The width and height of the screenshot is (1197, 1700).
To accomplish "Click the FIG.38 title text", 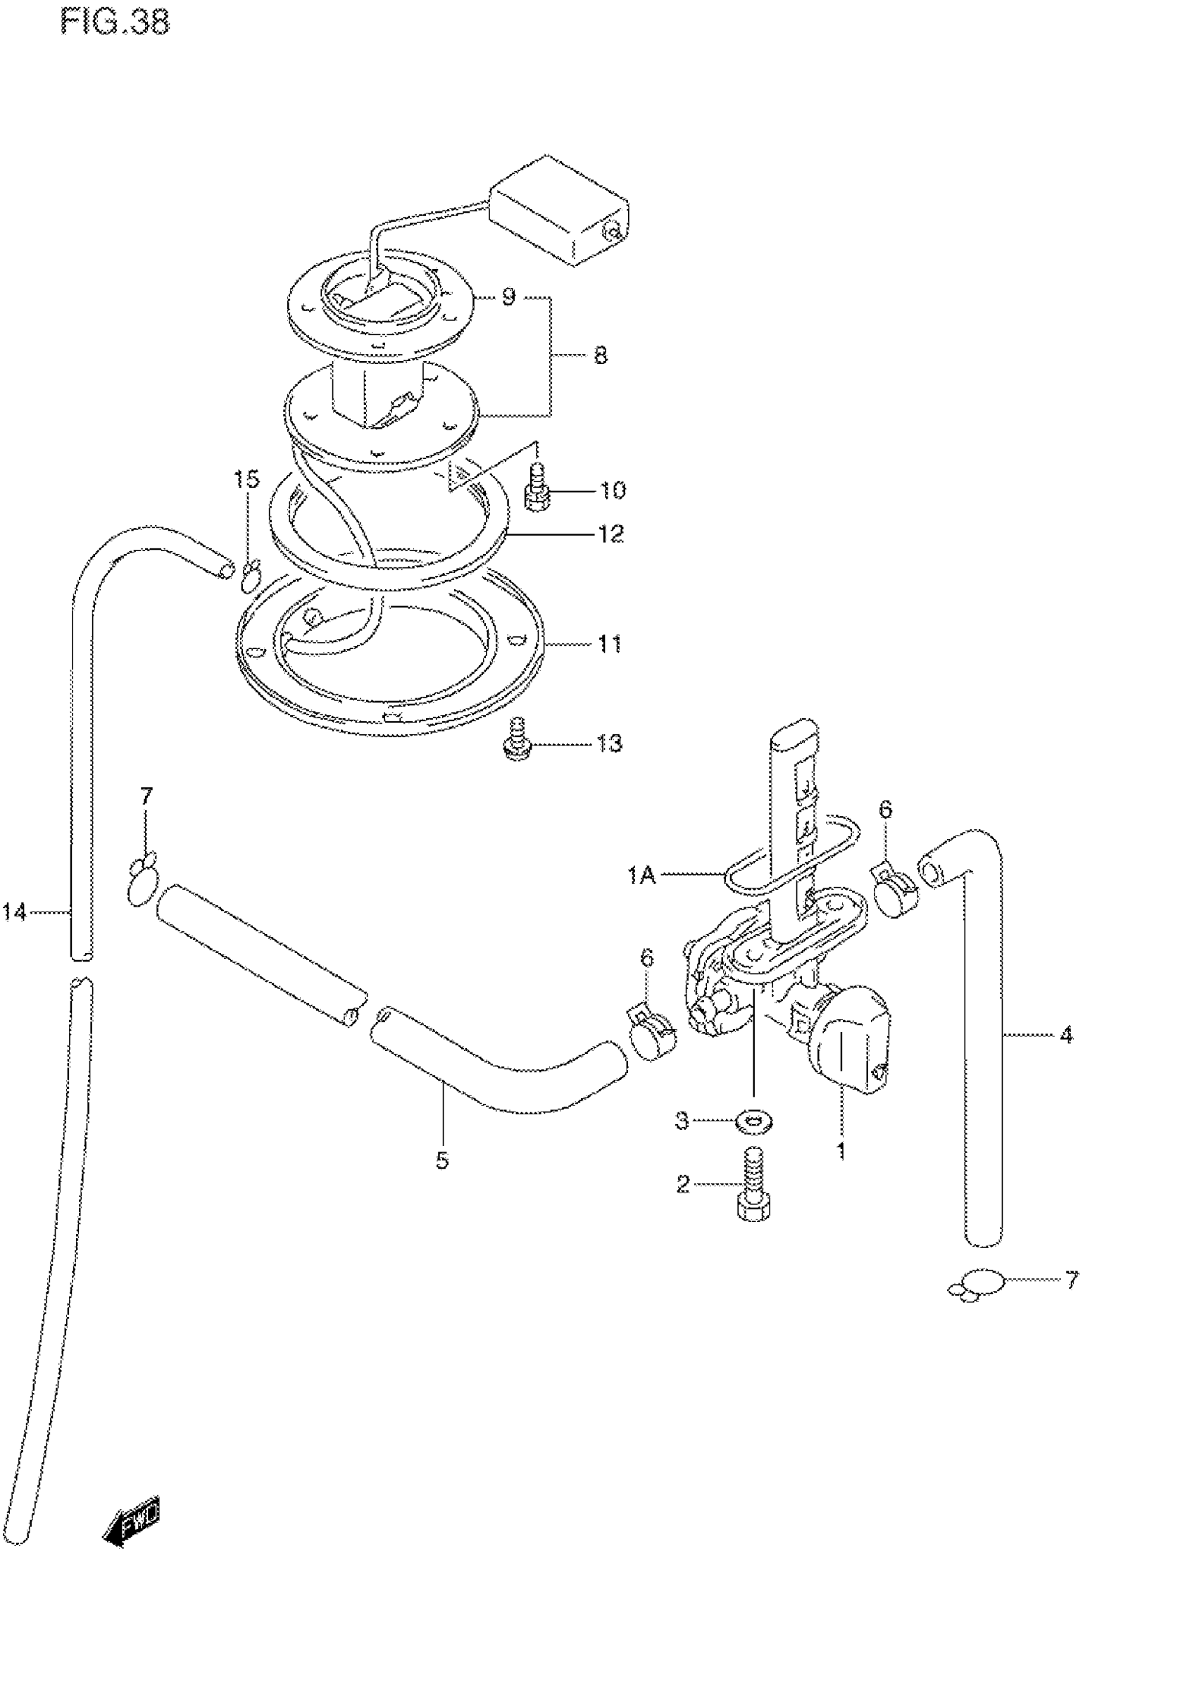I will coord(115,23).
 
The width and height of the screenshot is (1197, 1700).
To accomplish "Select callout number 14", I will coord(14,912).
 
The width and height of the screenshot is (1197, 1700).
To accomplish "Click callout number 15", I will coord(247,480).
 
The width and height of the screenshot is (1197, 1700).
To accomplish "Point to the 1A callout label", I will coord(641,876).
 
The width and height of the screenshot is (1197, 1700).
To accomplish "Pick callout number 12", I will coord(610,533).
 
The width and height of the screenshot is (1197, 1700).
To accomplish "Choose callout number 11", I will coord(610,644).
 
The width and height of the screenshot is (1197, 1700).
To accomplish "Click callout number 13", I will coord(610,743).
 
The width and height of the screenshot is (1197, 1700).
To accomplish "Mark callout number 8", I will coord(600,356).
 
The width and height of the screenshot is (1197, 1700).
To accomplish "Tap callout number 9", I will coord(508,298).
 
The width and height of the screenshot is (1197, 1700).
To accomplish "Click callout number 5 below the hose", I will coord(442,1160).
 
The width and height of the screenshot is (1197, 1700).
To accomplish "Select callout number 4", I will coord(1065,1035).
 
